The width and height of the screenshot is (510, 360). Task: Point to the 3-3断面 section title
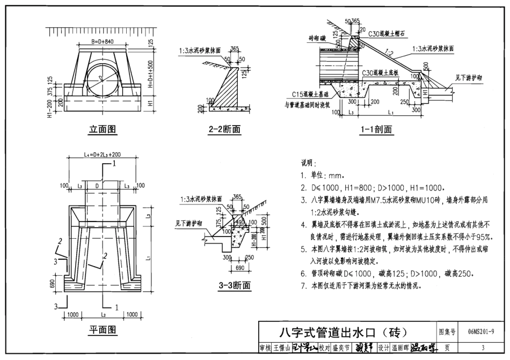235,285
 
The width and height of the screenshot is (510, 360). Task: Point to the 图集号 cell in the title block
447,333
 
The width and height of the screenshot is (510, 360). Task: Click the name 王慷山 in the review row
282,348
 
